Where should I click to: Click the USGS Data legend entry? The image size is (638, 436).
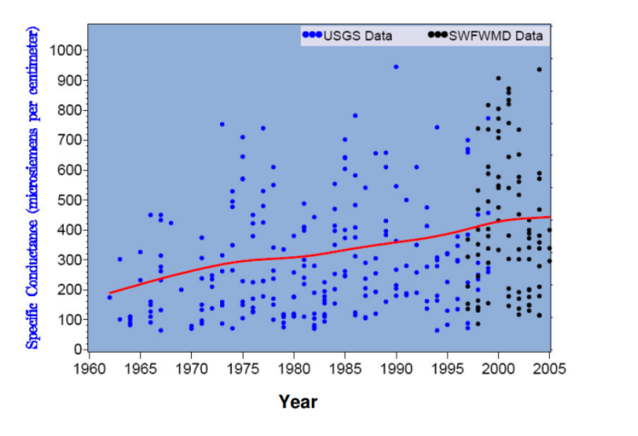point(347,35)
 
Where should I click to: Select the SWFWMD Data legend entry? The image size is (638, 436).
point(486,35)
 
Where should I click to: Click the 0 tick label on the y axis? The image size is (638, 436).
point(78,349)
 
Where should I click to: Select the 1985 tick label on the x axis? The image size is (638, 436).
point(345,368)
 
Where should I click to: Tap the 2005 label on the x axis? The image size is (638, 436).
point(549,368)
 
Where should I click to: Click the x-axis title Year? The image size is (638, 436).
point(298,402)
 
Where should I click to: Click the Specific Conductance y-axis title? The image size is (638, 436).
point(31,188)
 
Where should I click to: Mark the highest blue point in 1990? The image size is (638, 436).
point(396,67)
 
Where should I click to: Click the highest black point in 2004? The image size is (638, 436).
point(539,70)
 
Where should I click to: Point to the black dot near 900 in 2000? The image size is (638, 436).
point(498,78)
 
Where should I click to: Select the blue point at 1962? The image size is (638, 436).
point(109,297)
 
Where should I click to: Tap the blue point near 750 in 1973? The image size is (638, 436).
point(222,124)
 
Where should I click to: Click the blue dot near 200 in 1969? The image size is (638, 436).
point(181,290)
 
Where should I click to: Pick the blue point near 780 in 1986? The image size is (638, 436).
point(355,115)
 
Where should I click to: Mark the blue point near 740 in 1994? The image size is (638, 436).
point(437,127)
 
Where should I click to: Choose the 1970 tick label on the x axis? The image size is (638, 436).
point(192,368)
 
